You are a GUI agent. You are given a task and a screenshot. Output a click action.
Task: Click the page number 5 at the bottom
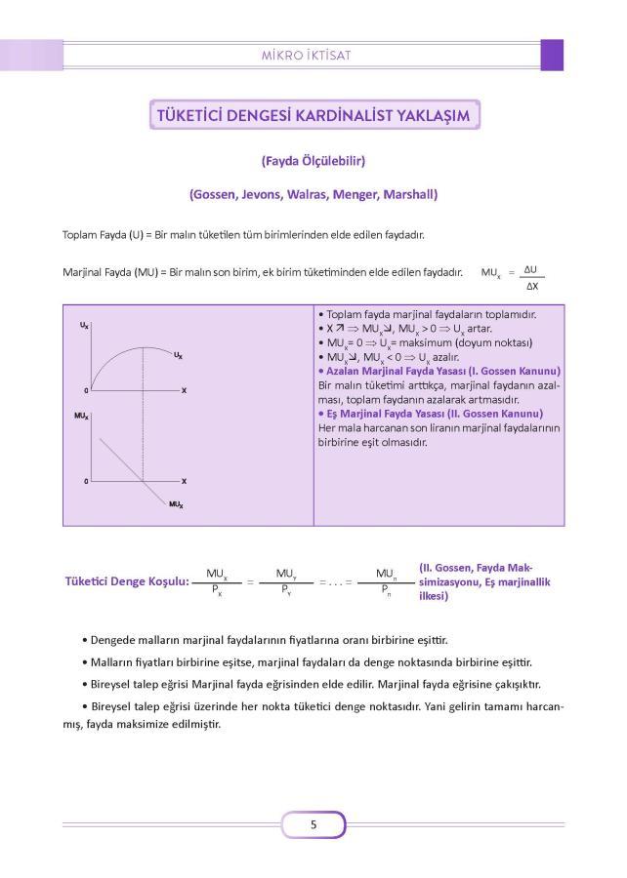(313, 824)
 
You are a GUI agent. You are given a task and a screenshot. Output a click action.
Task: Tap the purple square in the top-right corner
(552, 55)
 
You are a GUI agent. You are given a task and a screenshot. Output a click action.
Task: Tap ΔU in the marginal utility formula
(531, 269)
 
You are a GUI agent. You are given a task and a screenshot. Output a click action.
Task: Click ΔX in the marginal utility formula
(531, 286)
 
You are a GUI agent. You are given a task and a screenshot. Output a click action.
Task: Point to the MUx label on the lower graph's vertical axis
(82, 416)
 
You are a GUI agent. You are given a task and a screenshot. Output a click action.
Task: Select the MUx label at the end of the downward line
(176, 503)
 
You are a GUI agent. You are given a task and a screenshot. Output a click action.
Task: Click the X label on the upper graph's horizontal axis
(184, 390)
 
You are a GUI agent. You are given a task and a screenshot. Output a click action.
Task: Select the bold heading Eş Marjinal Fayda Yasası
(431, 413)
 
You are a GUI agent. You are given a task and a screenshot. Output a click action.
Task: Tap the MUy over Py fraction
(286, 581)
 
